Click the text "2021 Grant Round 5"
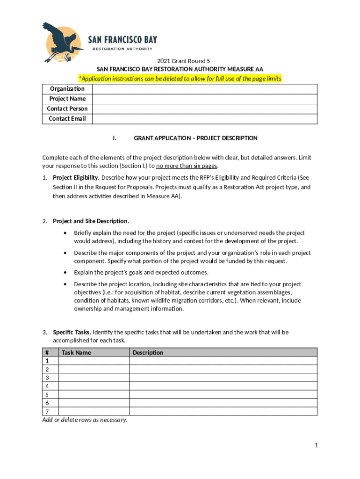click(x=180, y=61)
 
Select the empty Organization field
click(x=204, y=89)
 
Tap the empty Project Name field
click(x=204, y=99)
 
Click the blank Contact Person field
click(x=204, y=109)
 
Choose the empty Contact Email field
click(x=204, y=119)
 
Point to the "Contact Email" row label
click(x=67, y=119)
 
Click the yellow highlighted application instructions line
click(x=180, y=78)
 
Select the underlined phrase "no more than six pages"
click(x=187, y=166)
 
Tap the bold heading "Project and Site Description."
click(x=91, y=221)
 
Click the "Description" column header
click(x=148, y=353)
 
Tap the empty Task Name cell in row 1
click(x=94, y=361)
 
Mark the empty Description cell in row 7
click(x=223, y=412)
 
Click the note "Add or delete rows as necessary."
click(x=85, y=420)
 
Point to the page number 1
click(x=316, y=446)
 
